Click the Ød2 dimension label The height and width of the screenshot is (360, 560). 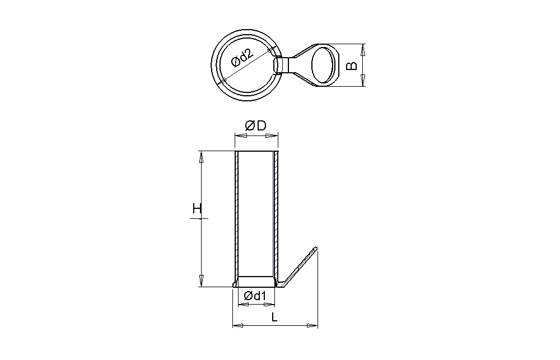(x=242, y=58)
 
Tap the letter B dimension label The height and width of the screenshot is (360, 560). (x=352, y=66)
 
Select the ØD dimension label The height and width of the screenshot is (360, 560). (x=256, y=126)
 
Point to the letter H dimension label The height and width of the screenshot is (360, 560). (x=197, y=208)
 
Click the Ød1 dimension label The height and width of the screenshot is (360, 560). (x=255, y=296)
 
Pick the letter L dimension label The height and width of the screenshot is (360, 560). (x=274, y=317)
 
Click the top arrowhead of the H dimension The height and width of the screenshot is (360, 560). (x=201, y=157)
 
